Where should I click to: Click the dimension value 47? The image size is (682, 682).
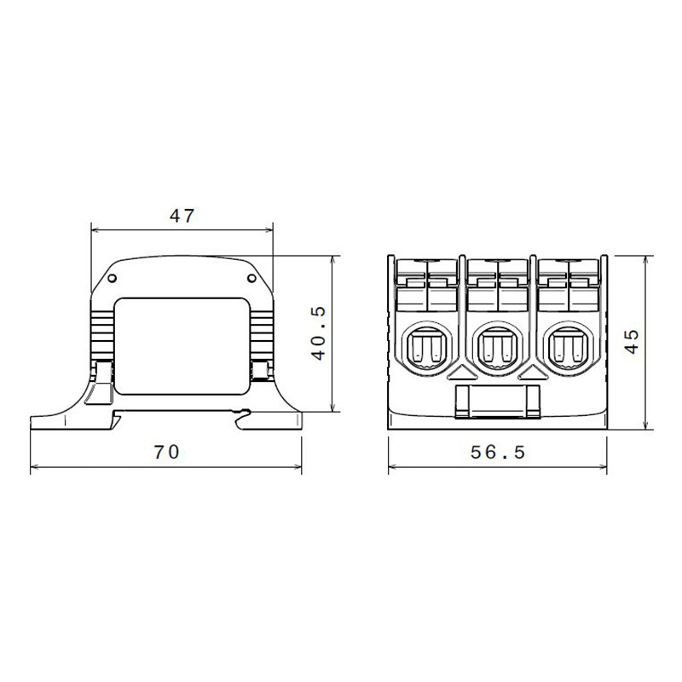point(182,217)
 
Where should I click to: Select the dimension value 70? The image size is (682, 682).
point(166,453)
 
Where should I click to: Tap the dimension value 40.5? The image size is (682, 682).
point(318,333)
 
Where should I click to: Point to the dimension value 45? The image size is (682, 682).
point(632,341)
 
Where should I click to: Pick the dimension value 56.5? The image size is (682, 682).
point(498,453)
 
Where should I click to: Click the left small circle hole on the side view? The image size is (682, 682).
point(112,279)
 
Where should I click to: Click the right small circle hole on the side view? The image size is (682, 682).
point(251,279)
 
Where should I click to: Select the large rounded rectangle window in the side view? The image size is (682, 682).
point(182,346)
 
